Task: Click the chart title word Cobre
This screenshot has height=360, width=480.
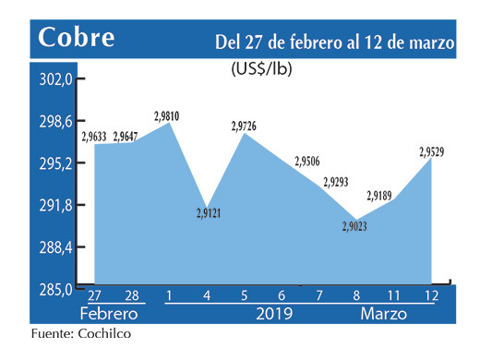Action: [78, 39]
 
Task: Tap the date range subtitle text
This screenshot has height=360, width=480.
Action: [334, 42]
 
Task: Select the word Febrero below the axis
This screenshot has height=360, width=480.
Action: [112, 313]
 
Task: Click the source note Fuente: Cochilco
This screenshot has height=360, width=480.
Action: [81, 335]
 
